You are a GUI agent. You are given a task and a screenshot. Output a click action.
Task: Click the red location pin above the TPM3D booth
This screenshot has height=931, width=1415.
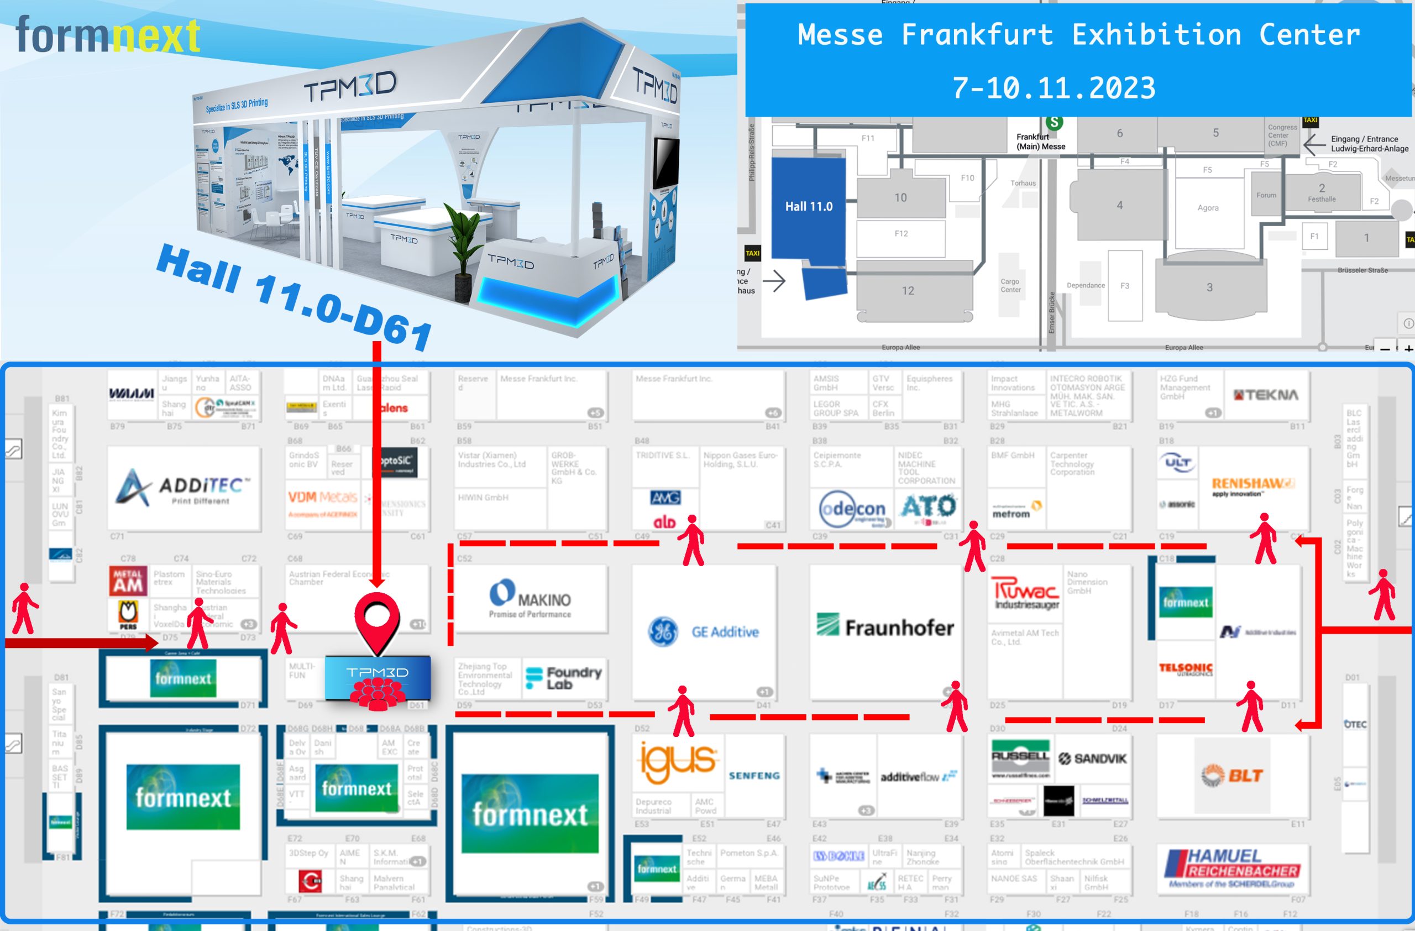click(377, 618)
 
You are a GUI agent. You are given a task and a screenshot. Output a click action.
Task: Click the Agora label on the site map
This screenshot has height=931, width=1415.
click(1208, 208)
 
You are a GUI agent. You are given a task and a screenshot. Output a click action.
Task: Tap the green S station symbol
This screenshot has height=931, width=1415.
click(1054, 123)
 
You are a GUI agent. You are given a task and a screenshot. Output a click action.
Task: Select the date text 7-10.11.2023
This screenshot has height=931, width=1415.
click(1054, 88)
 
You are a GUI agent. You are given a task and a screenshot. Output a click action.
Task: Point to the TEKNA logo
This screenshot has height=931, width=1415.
click(1266, 395)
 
